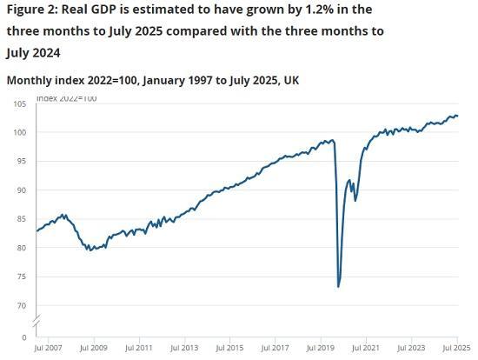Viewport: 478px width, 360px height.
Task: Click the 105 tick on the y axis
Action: click(20, 103)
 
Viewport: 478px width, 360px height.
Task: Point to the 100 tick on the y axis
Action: click(20, 132)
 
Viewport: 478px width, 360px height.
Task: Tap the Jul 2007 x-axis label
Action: click(50, 348)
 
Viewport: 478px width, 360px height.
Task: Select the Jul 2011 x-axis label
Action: click(140, 348)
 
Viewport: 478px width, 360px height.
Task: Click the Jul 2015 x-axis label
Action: click(230, 348)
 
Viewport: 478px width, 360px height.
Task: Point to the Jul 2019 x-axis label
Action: click(321, 348)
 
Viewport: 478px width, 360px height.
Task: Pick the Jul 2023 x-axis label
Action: click(411, 348)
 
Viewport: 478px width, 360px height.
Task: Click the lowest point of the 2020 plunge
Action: click(338, 286)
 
